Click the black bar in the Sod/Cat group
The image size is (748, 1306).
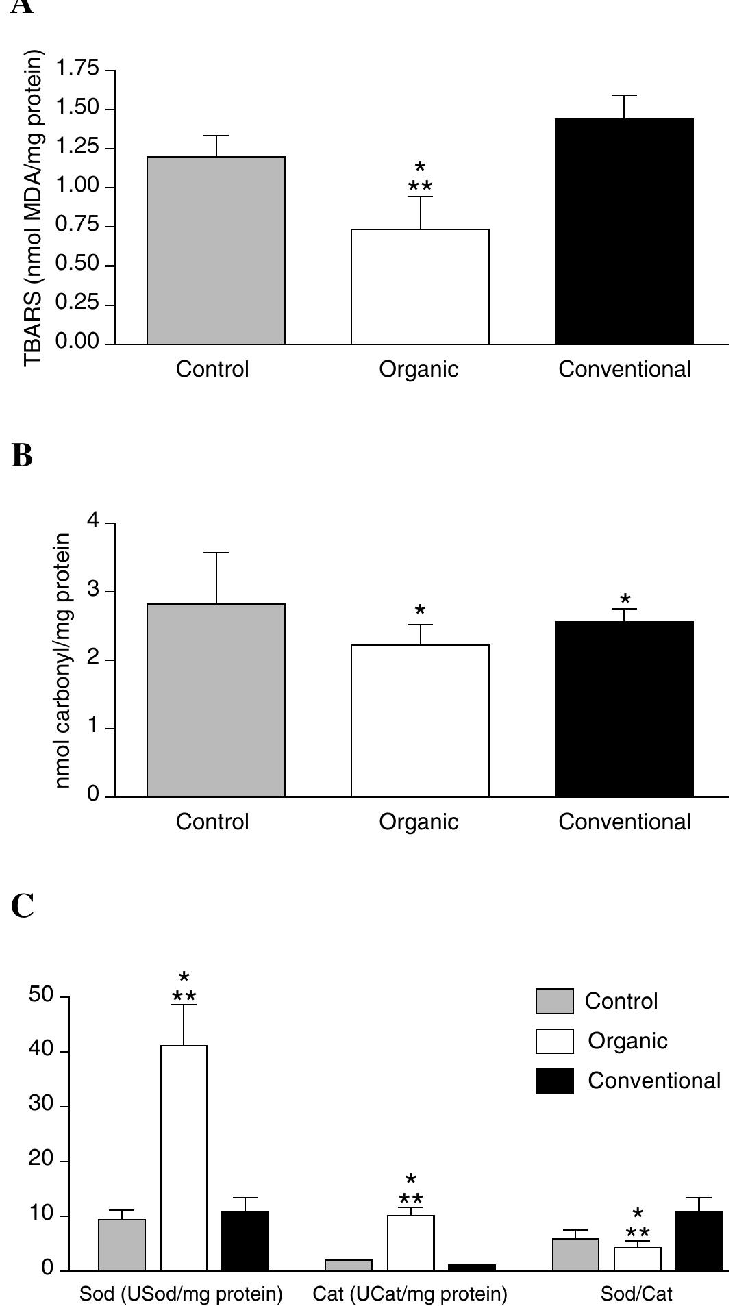click(x=699, y=1240)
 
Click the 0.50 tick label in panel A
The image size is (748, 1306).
click(x=77, y=264)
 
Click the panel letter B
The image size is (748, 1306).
click(x=22, y=455)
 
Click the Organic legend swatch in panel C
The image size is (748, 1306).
click(x=554, y=1041)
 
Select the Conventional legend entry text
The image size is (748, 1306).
click(x=653, y=1081)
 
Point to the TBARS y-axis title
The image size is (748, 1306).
click(x=34, y=209)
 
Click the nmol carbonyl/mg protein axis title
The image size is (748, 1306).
click(x=63, y=661)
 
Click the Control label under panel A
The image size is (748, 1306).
click(x=212, y=369)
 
